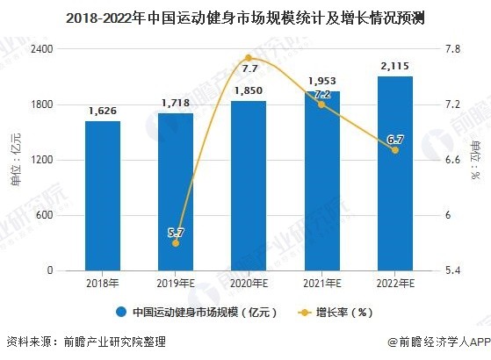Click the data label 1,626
pos(102,112)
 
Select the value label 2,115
pos(394,66)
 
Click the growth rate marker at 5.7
pos(176,243)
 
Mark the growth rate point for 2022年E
pos(394,150)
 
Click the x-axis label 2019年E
pos(176,283)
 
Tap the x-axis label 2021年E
pos(321,283)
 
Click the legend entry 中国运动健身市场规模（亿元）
pos(198,312)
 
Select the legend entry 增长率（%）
pos(343,312)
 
